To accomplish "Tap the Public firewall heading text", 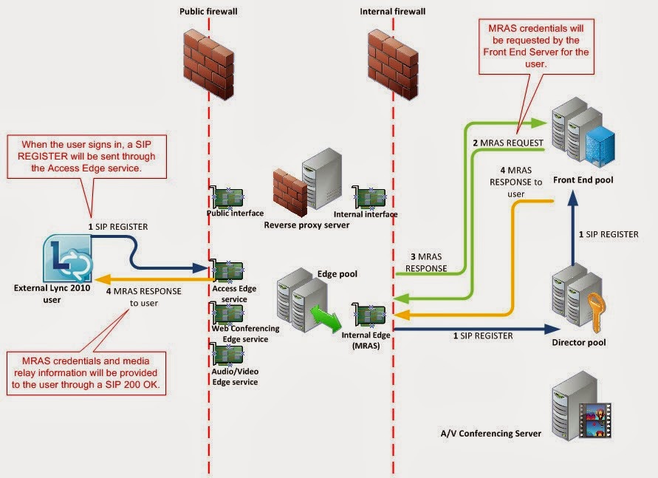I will [208, 12].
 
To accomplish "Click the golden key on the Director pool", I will [596, 305].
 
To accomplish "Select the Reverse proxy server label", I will [306, 225].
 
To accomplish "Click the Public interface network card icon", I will [228, 198].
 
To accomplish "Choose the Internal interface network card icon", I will [370, 197].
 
